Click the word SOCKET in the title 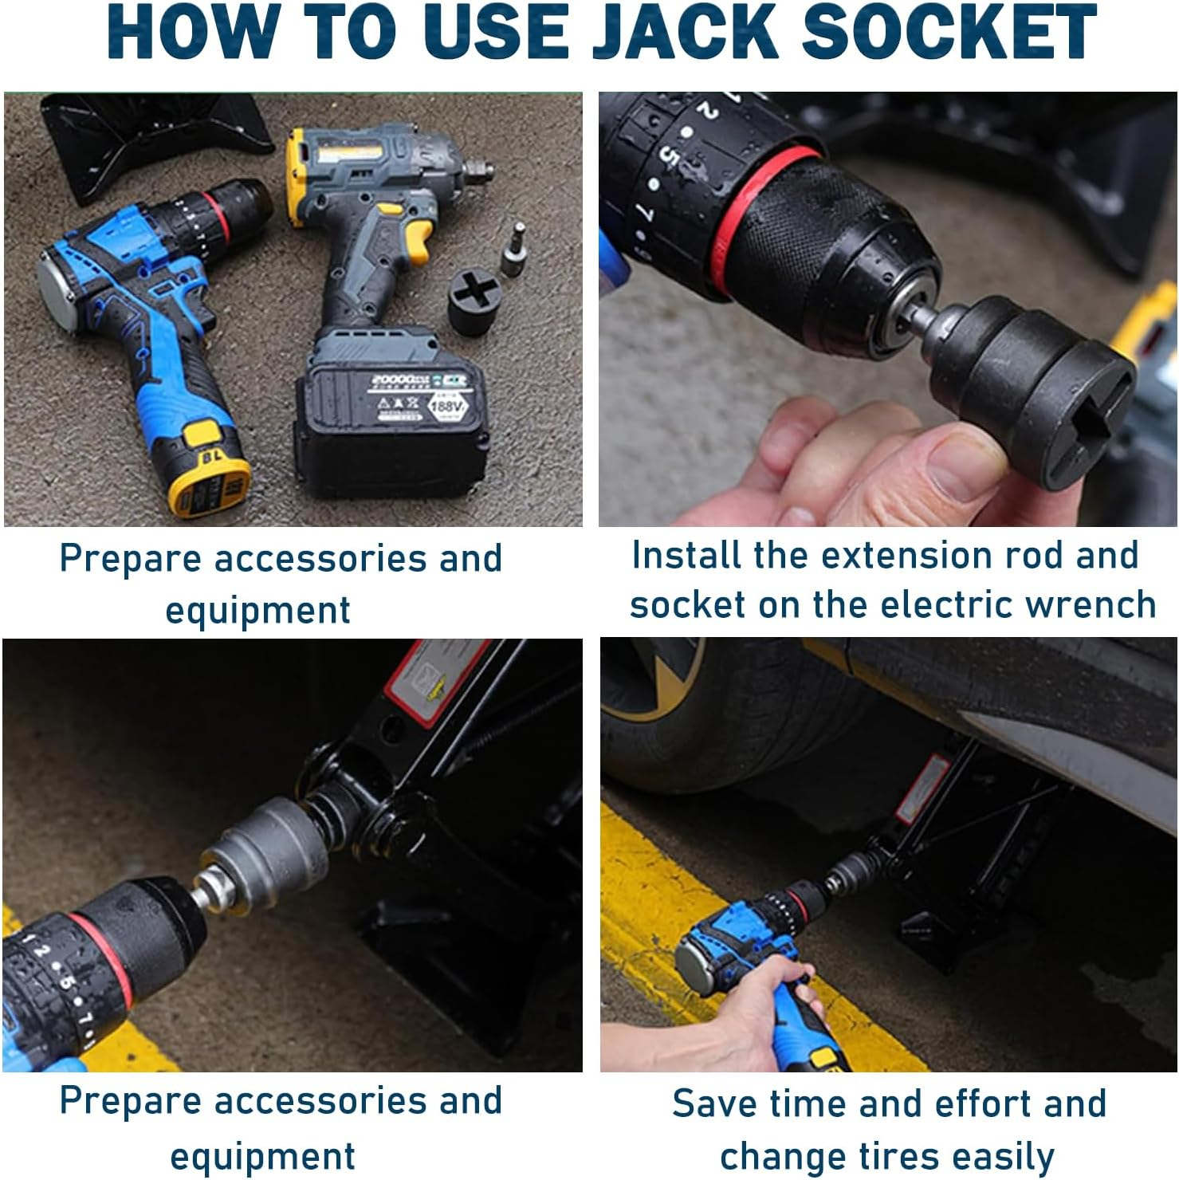pos(948,33)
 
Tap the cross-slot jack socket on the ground pos(475,301)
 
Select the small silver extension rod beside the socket pos(513,250)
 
